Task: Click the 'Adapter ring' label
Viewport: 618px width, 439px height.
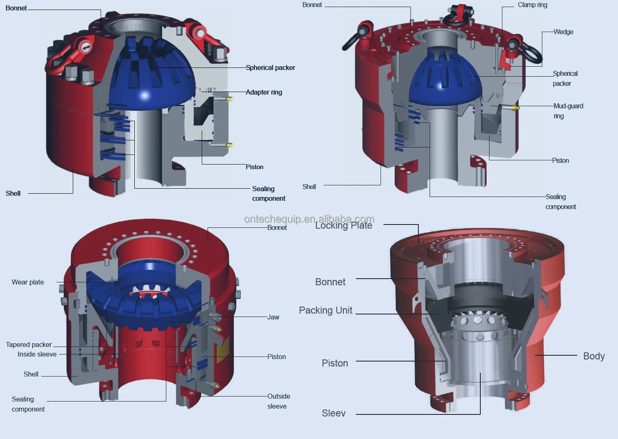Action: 264,92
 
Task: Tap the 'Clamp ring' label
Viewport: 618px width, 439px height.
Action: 532,5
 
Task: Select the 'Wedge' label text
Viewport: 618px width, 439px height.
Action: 564,32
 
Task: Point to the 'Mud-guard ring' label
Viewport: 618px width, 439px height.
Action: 569,111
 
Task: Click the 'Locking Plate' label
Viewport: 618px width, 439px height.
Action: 344,225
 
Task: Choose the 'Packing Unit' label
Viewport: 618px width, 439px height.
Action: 326,310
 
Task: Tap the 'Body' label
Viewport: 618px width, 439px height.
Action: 594,356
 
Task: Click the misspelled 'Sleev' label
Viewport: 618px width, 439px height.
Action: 334,413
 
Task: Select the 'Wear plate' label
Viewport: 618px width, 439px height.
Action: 27,282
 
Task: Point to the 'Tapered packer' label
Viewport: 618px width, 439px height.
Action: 29,344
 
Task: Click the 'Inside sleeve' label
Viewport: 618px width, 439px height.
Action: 37,354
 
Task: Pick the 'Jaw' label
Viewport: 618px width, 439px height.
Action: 273,317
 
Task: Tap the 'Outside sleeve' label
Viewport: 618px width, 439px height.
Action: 279,401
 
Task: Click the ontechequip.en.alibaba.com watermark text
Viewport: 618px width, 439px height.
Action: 309,219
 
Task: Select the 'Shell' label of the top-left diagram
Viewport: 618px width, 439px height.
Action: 13,193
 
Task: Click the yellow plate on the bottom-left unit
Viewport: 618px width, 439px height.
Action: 223,349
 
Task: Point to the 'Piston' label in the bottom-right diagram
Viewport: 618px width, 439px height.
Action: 335,363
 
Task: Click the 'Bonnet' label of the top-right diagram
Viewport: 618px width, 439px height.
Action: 312,5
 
